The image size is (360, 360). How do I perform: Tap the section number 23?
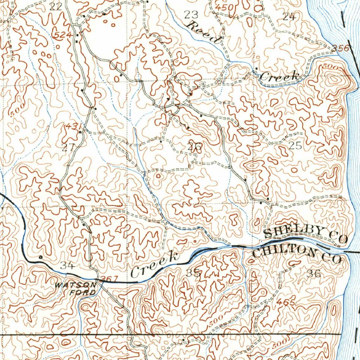click(191, 14)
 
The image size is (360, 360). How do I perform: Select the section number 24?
click(289, 16)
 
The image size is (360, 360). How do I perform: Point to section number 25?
click(295, 145)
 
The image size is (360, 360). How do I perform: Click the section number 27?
click(68, 147)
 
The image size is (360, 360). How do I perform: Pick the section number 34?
click(67, 265)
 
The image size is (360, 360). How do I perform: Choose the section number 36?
click(314, 274)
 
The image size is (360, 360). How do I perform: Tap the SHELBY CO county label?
click(305, 234)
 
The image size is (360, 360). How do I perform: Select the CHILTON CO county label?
click(297, 254)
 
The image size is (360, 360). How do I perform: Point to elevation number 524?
click(63, 35)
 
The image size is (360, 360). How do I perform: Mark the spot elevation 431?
click(74, 126)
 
